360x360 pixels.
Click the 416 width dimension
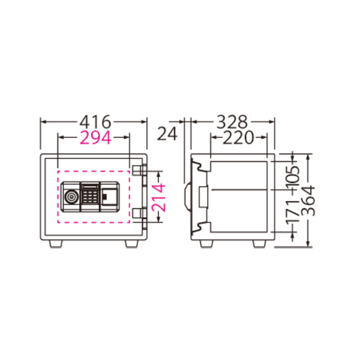[95, 122]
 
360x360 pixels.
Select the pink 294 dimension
[95, 138]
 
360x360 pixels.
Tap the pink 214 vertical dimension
[158, 197]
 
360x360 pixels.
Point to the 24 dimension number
[167, 133]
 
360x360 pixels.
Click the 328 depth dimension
[232, 122]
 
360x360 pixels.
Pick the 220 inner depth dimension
[238, 138]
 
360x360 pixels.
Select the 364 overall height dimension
[308, 201]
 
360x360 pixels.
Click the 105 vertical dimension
[293, 176]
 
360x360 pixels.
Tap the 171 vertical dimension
[293, 211]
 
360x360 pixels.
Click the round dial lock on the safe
[71, 197]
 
